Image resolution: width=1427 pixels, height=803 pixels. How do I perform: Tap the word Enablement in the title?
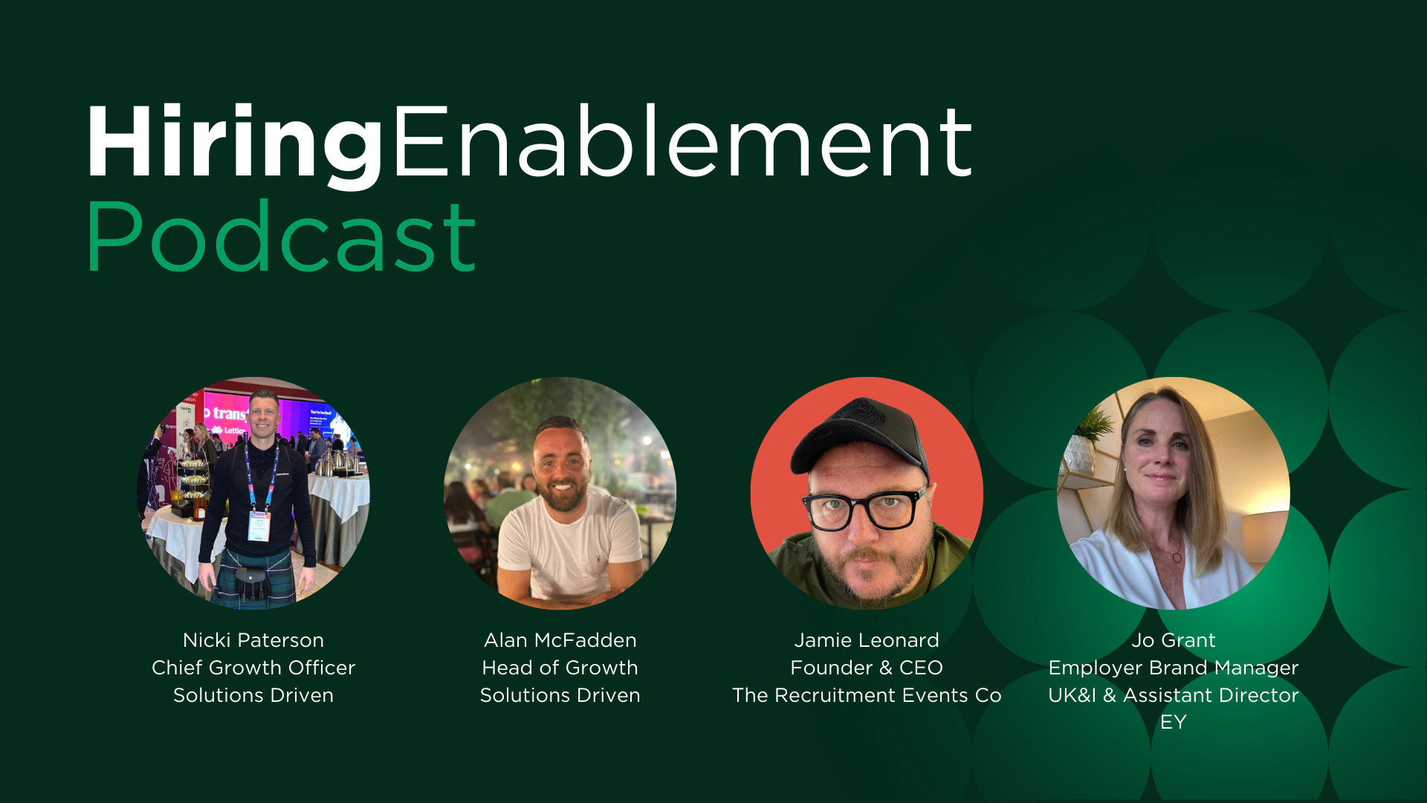(x=682, y=141)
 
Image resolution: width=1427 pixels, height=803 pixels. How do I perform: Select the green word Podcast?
(x=281, y=236)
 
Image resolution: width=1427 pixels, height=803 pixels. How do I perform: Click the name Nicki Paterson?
(x=253, y=640)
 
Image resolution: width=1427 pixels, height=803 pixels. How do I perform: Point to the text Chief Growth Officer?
(x=253, y=668)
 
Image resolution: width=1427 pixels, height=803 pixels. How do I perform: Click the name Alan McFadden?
(x=560, y=640)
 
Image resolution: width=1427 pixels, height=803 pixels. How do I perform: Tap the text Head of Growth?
(x=560, y=668)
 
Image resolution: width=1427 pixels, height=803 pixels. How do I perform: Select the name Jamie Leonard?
(x=867, y=640)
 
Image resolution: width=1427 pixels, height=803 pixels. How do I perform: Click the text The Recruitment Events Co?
(x=867, y=695)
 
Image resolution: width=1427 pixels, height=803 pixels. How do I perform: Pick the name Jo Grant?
(x=1174, y=640)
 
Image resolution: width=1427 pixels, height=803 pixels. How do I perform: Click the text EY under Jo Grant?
(x=1174, y=722)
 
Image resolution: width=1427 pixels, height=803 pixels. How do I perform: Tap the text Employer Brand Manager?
(x=1174, y=668)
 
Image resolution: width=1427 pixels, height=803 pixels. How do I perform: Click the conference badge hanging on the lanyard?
(x=259, y=525)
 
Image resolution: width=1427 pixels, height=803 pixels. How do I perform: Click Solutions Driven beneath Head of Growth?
(x=560, y=695)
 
